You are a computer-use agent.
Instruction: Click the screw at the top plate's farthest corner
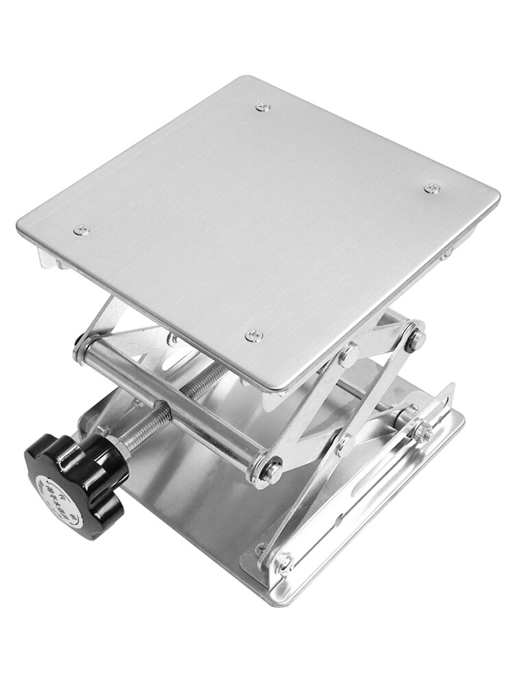(x=262, y=106)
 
